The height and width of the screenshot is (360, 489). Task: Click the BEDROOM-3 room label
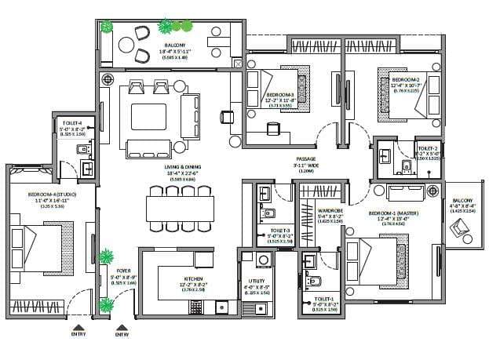tap(280, 93)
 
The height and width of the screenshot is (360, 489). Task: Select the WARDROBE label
tap(330, 211)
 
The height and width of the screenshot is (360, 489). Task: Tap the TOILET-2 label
tap(428, 148)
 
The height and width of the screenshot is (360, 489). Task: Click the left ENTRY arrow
tap(76, 329)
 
